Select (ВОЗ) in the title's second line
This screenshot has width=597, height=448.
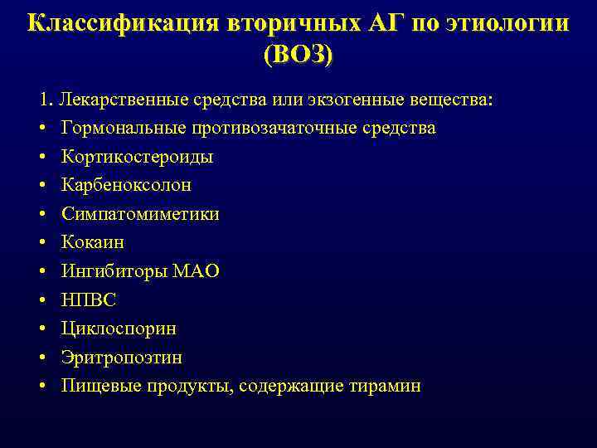[x=298, y=56]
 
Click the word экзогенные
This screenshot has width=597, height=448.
[x=363, y=100]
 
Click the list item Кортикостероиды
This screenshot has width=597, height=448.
[x=137, y=157]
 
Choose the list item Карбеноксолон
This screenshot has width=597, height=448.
[x=126, y=185]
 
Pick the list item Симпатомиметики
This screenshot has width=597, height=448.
[x=140, y=214]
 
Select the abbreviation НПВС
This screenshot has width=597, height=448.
[x=89, y=299]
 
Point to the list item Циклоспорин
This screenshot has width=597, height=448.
[x=119, y=329]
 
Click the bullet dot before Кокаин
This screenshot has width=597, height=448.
[x=41, y=243]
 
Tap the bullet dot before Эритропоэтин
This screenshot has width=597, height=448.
[x=41, y=358]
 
